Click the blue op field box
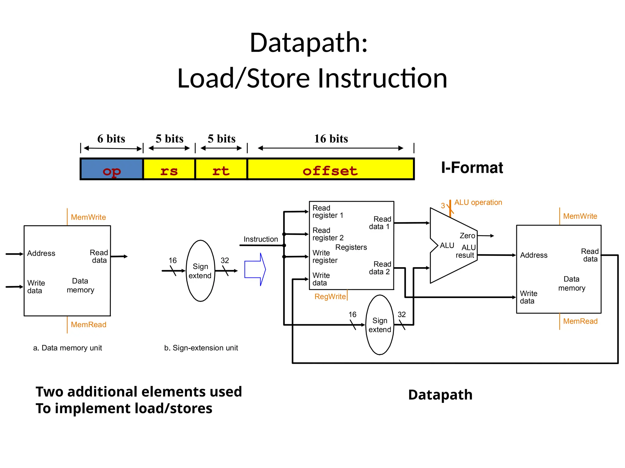(x=112, y=169)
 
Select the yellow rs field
(x=169, y=169)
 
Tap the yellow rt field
(x=221, y=169)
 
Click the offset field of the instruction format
(x=330, y=169)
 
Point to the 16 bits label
(x=331, y=139)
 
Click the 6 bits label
(x=111, y=139)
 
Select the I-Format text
(x=472, y=168)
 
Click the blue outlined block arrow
(x=255, y=269)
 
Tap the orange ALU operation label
(x=478, y=202)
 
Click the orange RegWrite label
(x=330, y=296)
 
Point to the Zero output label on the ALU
(x=467, y=236)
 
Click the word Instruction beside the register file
(x=261, y=239)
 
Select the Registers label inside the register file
(x=351, y=247)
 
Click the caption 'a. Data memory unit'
(x=67, y=348)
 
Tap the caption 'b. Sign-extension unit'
(x=201, y=348)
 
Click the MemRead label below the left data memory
(x=89, y=324)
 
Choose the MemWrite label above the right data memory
(x=580, y=216)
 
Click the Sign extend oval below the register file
(x=380, y=325)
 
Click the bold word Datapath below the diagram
(x=440, y=395)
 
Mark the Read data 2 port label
(x=380, y=268)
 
